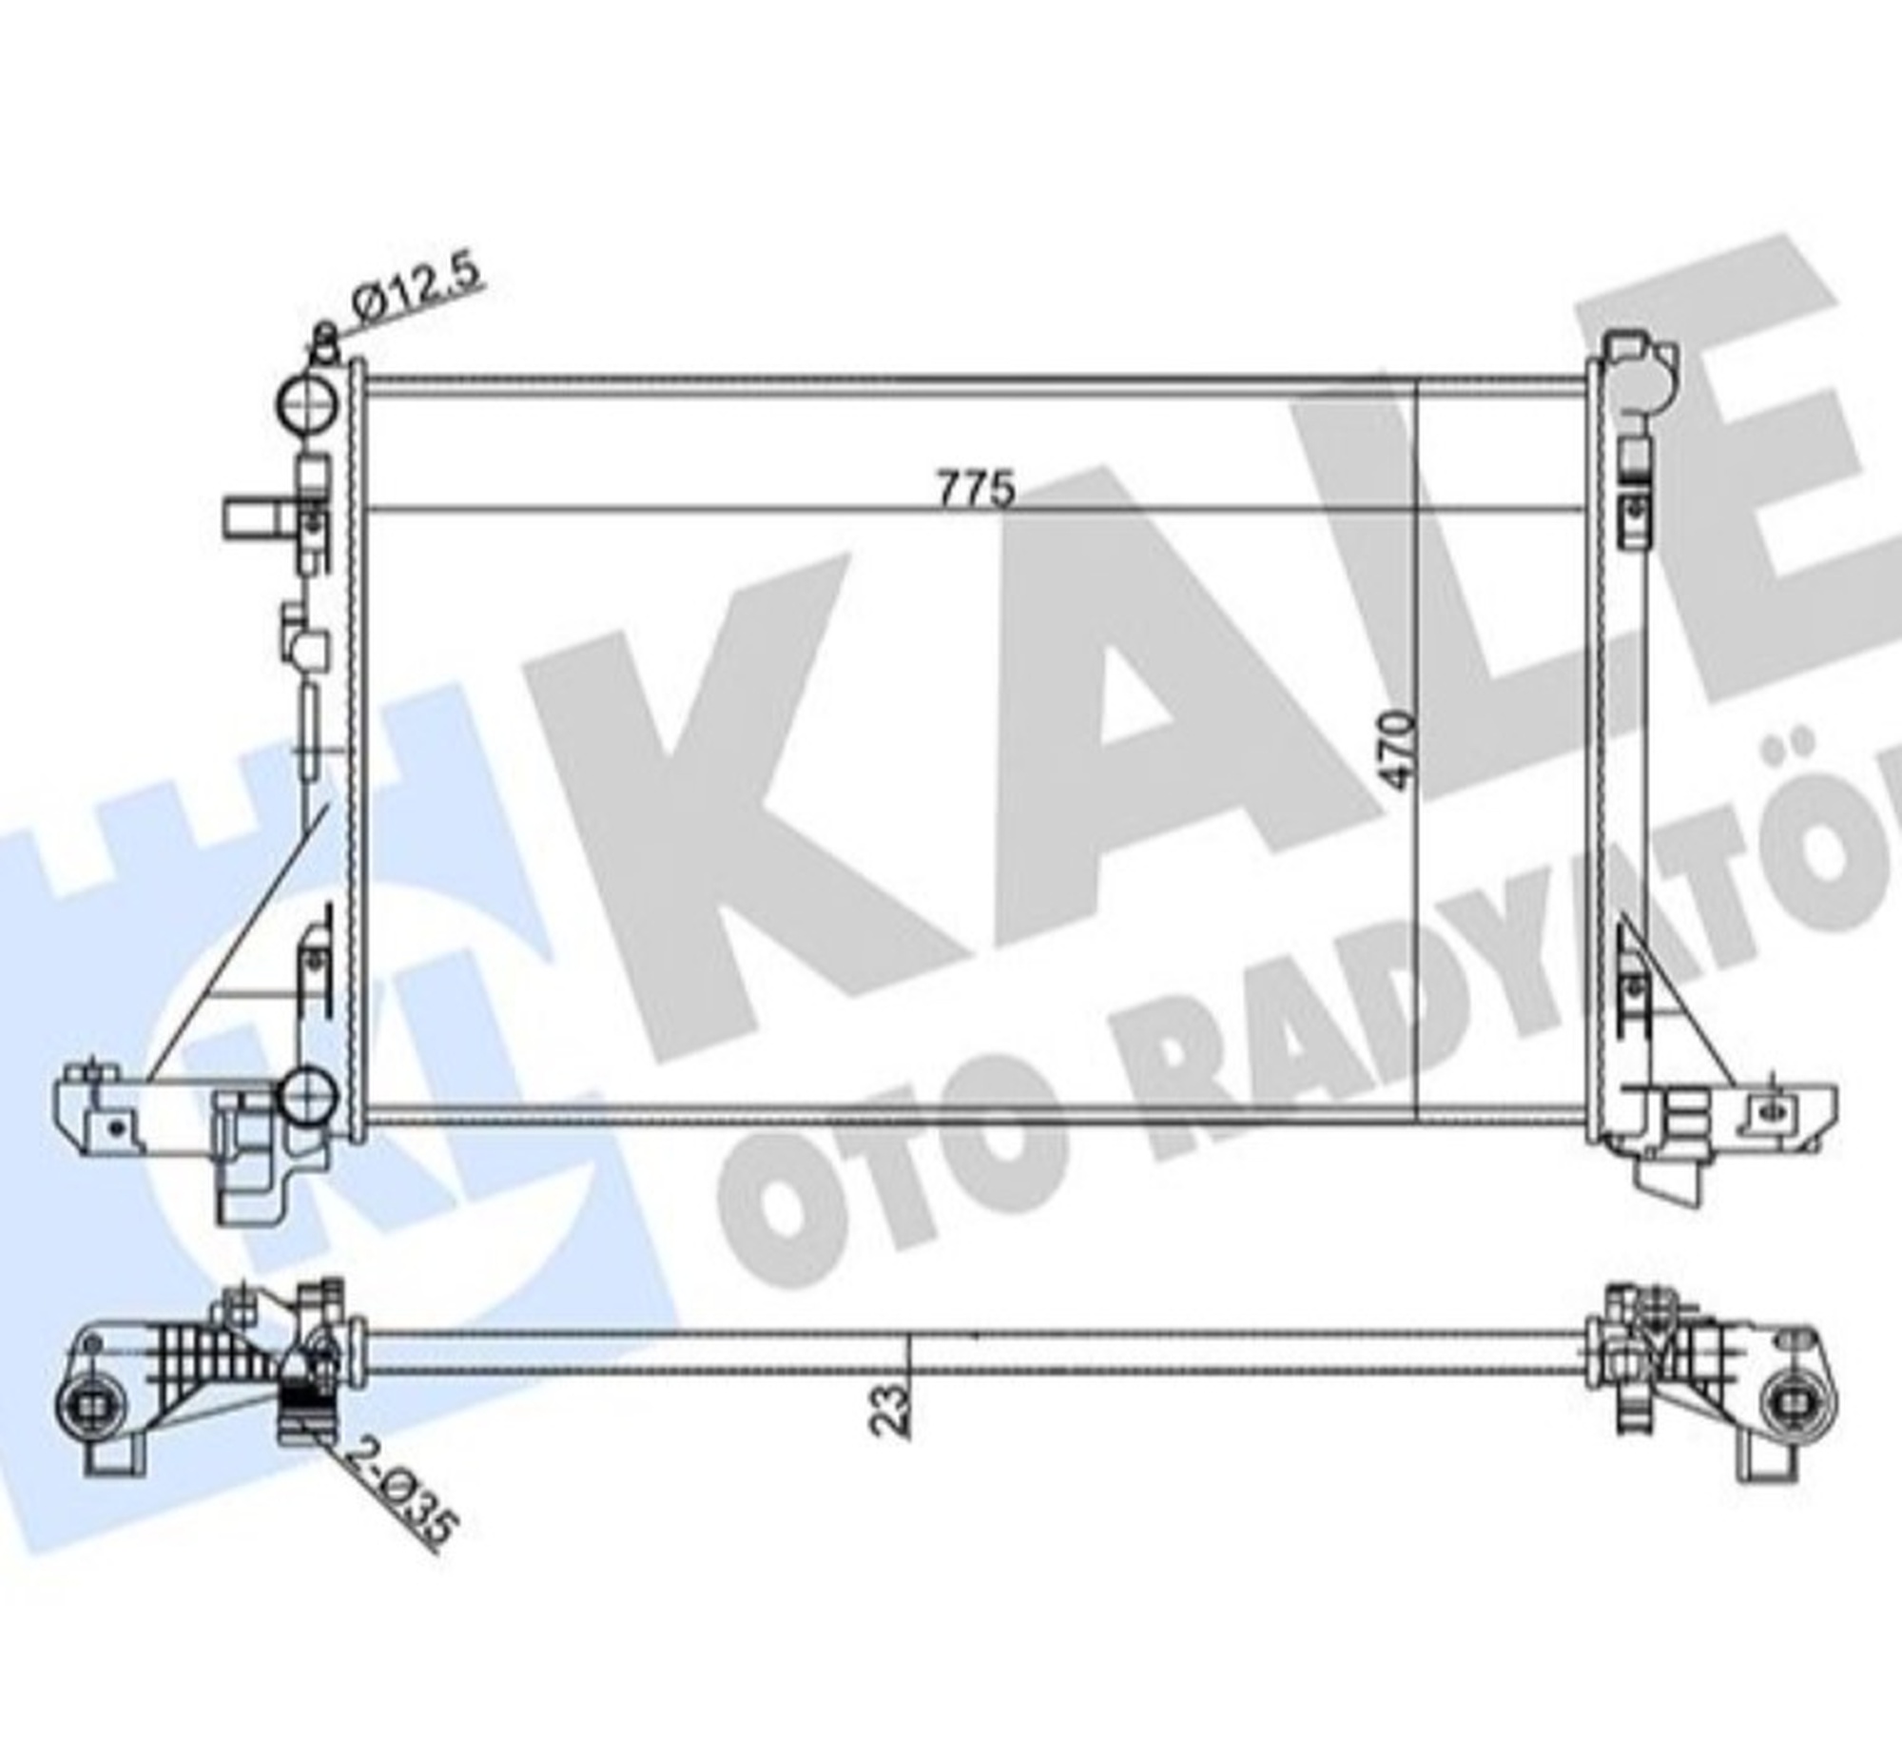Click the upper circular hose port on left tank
coord(307,404)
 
